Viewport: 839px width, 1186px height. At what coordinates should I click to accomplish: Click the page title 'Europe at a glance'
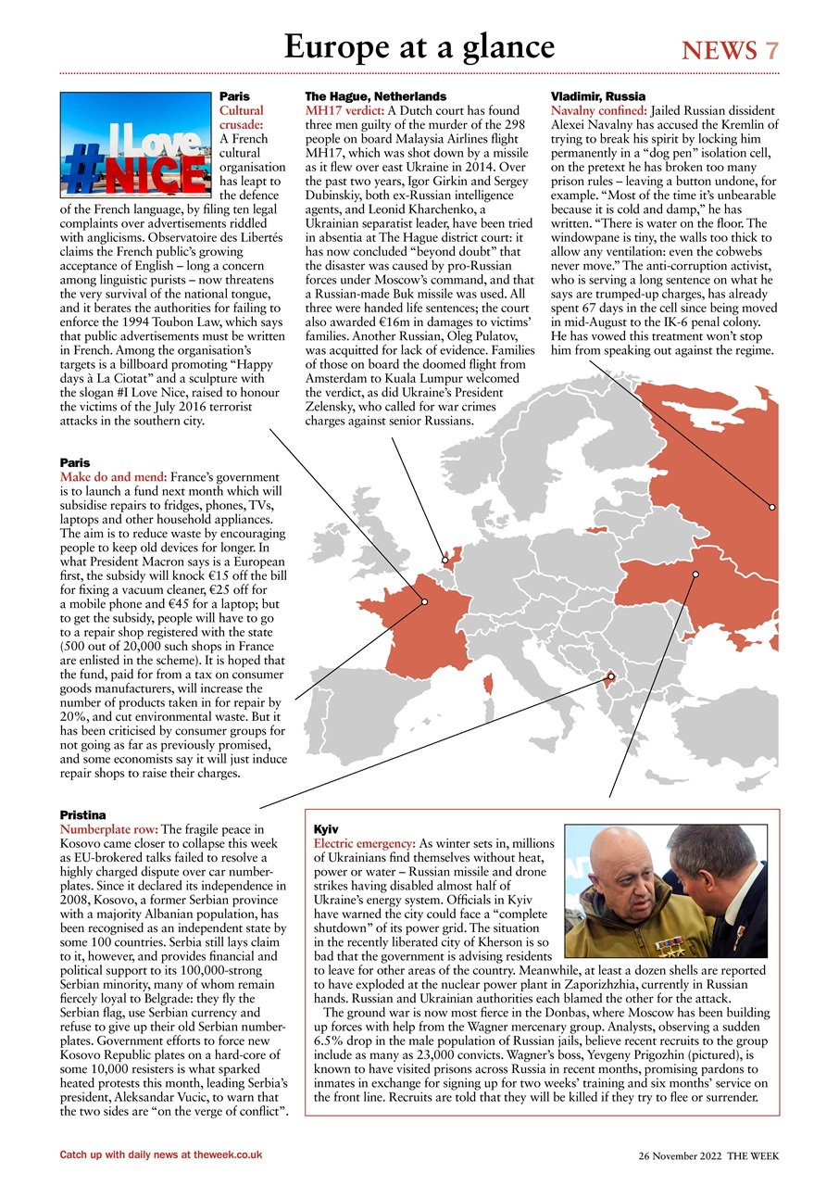click(419, 46)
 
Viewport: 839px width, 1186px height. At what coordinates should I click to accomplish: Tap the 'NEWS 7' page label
click(730, 50)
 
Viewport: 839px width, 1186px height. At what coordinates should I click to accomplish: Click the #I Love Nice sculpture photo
click(135, 145)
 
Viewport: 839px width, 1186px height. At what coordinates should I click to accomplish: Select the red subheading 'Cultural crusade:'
click(241, 117)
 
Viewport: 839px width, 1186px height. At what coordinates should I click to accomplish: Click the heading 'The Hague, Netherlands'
click(375, 96)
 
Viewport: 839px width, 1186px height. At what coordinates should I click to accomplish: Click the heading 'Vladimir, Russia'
click(597, 96)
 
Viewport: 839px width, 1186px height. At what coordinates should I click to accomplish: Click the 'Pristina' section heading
click(82, 815)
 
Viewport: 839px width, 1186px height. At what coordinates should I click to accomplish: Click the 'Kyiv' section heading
click(326, 829)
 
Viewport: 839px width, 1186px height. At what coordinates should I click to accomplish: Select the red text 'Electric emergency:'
click(365, 843)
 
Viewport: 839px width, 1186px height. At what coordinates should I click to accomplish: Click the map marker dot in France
click(424, 602)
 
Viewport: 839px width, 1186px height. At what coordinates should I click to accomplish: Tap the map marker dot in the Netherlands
click(445, 560)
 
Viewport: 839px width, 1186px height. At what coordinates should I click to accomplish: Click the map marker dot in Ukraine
click(695, 574)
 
